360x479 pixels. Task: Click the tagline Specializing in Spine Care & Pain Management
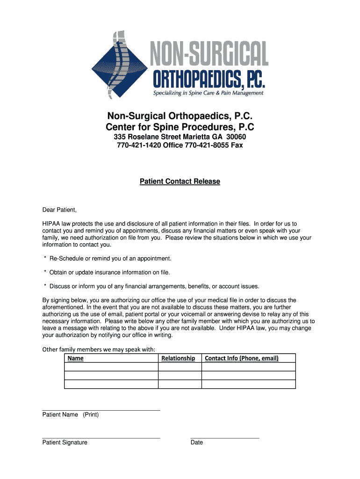pyautogui.click(x=209, y=93)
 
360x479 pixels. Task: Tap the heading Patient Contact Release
pyautogui.click(x=180, y=181)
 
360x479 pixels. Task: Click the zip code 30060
pyautogui.click(x=236, y=137)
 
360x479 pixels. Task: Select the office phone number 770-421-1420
pyautogui.click(x=139, y=145)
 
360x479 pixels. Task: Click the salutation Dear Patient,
pyautogui.click(x=59, y=209)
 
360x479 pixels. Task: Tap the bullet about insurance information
pyautogui.click(x=107, y=272)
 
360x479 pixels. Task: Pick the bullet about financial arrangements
pyautogui.click(x=151, y=286)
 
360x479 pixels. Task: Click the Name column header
pyautogui.click(x=76, y=358)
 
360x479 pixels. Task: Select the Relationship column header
pyautogui.click(x=178, y=358)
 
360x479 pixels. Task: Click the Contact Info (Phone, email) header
pyautogui.click(x=242, y=358)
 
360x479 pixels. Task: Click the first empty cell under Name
pyautogui.click(x=111, y=367)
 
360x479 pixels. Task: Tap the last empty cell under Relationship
pyautogui.click(x=180, y=384)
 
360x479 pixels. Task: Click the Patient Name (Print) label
pyautogui.click(x=71, y=414)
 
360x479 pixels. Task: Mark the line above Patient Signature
pyautogui.click(x=101, y=438)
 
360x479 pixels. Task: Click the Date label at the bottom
pyautogui.click(x=197, y=443)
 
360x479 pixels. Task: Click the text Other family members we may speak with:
pyautogui.click(x=99, y=349)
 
